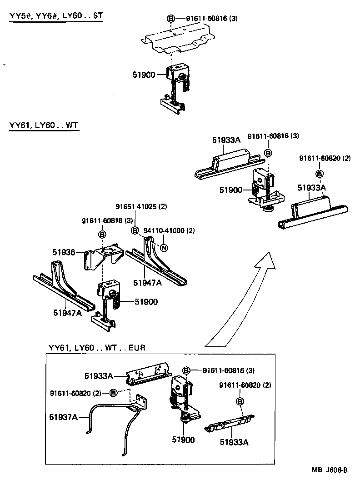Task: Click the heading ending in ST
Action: point(56,16)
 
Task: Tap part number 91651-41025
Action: point(141,206)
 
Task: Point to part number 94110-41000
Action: point(169,230)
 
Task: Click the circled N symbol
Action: point(165,248)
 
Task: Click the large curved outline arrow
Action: point(245,300)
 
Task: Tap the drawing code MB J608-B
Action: point(330,470)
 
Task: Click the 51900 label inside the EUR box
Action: point(183,440)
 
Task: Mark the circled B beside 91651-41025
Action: point(135,230)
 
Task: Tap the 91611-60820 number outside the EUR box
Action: point(325,158)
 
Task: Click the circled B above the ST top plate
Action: point(171,19)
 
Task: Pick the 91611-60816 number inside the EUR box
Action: point(228,370)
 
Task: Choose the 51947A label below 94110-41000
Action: point(148,283)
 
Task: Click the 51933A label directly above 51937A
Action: point(98,375)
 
